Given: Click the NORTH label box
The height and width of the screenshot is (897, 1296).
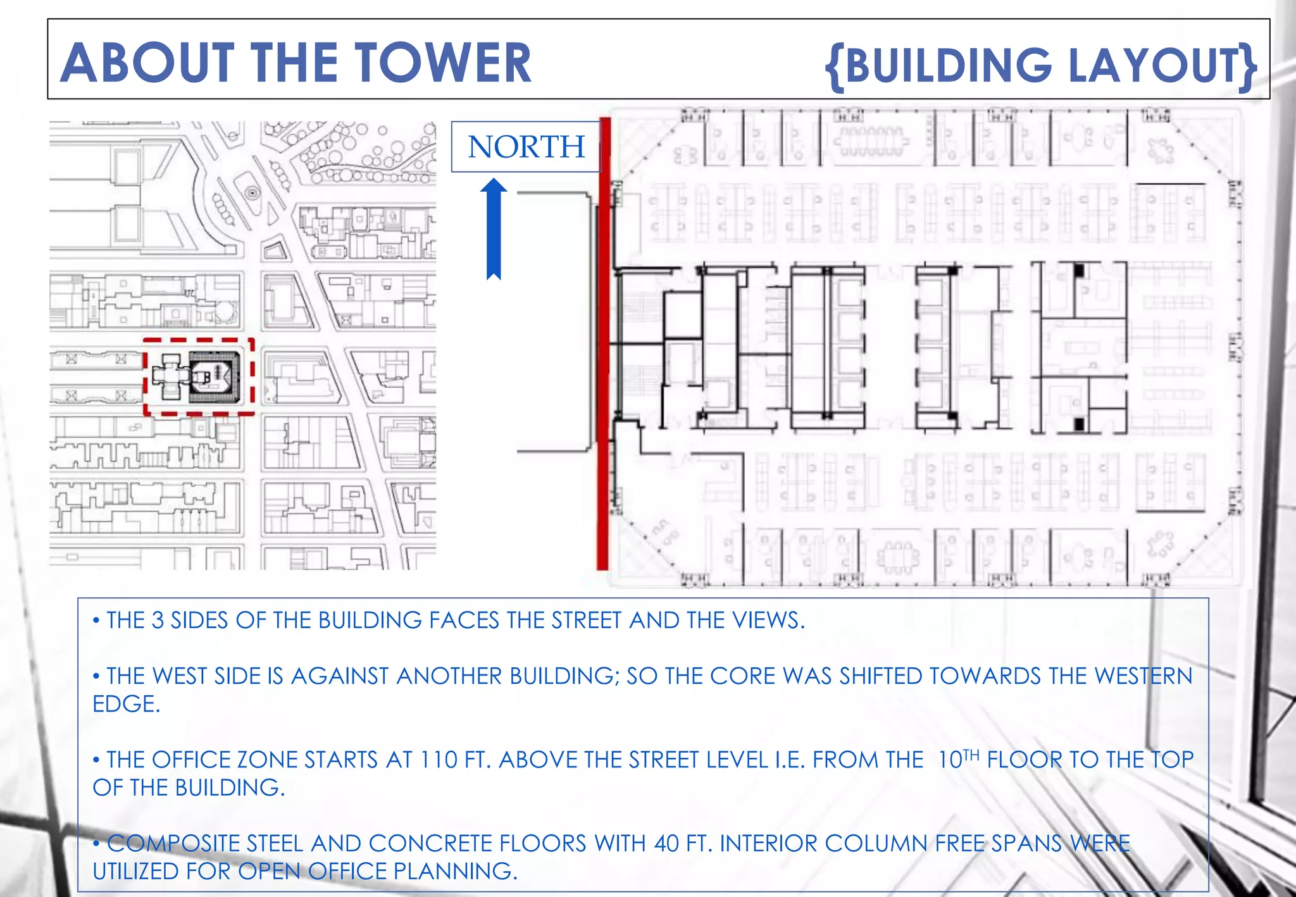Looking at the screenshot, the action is [x=526, y=147].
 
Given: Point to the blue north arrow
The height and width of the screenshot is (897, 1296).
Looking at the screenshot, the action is [x=494, y=229].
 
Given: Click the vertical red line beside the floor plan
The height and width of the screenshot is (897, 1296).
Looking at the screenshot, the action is [x=604, y=343].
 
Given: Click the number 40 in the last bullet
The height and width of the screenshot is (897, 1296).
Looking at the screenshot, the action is [x=668, y=844].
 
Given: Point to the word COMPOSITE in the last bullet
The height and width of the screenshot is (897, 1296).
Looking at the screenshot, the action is [x=173, y=844].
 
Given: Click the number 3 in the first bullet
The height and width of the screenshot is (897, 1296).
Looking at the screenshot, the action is [x=158, y=621].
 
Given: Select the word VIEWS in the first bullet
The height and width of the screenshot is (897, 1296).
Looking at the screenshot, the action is [x=768, y=621].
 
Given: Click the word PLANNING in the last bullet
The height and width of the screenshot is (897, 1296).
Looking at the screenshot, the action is [x=456, y=872].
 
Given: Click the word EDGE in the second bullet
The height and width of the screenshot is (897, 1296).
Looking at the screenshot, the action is [x=126, y=704].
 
